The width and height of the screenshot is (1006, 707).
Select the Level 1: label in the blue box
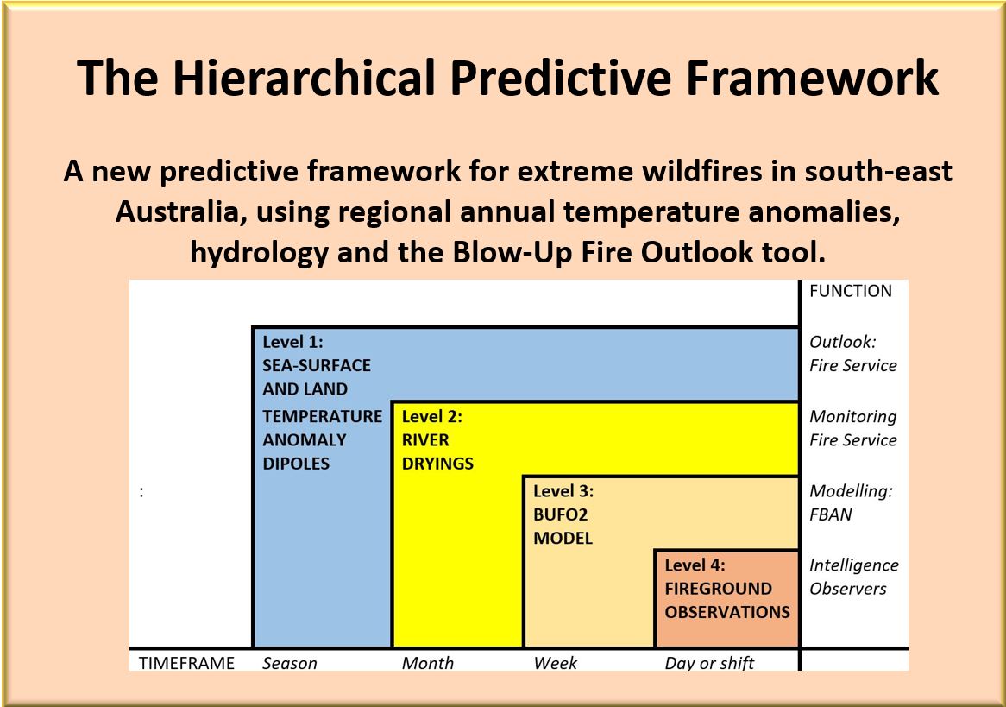click(x=292, y=342)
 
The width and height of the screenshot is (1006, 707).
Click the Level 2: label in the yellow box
click(x=431, y=416)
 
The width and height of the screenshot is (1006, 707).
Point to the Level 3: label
click(x=563, y=491)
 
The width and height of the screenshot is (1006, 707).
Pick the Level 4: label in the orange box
click(x=695, y=565)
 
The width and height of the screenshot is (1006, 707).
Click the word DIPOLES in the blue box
click(x=296, y=464)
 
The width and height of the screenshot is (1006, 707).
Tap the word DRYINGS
click(x=437, y=464)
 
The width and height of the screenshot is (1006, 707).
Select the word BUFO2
click(x=560, y=515)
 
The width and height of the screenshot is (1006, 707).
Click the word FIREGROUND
click(x=718, y=589)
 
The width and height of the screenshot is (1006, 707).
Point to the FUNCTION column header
click(x=850, y=291)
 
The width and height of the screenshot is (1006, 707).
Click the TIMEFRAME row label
click(x=186, y=663)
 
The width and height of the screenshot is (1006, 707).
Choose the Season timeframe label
click(x=289, y=663)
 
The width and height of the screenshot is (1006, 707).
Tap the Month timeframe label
click(x=427, y=663)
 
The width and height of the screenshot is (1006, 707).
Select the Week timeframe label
click(x=555, y=663)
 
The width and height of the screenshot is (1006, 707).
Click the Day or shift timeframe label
click(x=709, y=663)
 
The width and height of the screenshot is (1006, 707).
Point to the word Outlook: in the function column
click(x=842, y=342)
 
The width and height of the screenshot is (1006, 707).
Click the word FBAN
click(x=830, y=515)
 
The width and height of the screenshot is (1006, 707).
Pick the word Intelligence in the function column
click(x=853, y=565)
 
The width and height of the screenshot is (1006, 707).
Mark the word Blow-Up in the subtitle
click(x=510, y=252)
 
